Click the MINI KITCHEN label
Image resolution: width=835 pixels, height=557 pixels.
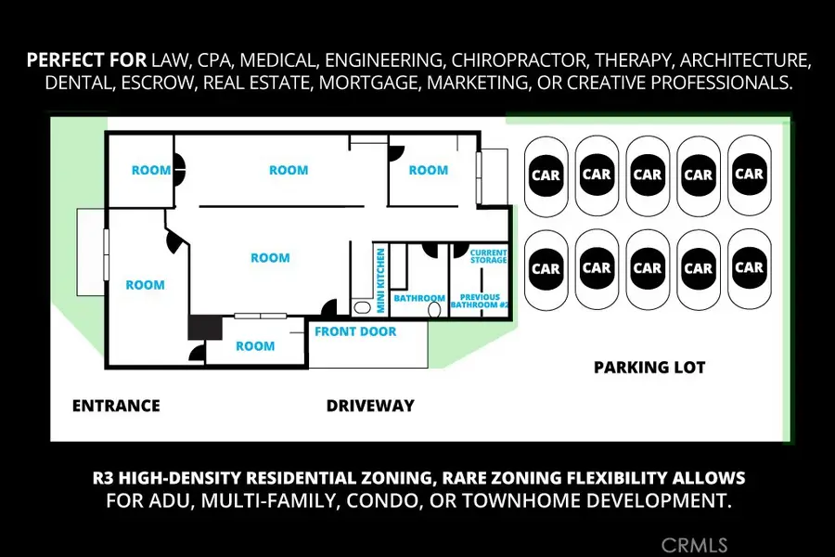(380, 280)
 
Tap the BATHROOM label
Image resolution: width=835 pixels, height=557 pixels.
(419, 298)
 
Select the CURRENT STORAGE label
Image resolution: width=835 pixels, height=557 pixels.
(488, 256)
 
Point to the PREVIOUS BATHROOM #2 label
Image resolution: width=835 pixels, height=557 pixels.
(480, 301)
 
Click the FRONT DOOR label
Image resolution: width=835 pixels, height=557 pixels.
(355, 331)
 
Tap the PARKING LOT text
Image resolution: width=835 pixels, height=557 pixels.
(649, 368)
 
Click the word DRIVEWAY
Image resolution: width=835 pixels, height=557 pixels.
(370, 406)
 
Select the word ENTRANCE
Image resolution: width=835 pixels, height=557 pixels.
(116, 406)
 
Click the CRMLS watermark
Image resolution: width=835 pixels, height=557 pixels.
(694, 545)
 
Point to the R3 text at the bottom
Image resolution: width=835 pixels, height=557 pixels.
(103, 477)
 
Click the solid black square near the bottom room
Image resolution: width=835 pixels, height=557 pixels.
(205, 328)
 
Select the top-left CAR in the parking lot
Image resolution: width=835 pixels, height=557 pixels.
(546, 175)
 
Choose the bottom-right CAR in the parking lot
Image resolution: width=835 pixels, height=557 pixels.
(750, 267)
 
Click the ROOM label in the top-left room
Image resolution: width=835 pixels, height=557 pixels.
(152, 171)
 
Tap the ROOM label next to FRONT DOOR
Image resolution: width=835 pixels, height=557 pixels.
(256, 346)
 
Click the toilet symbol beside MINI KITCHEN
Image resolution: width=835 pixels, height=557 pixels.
(362, 307)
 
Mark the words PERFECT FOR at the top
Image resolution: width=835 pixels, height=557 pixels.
(87, 60)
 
